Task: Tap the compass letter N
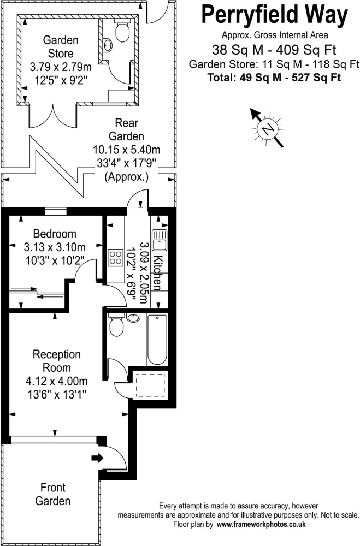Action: pos(268,129)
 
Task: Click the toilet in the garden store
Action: pos(122,31)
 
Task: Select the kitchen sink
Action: pos(160,240)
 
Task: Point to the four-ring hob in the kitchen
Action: pos(116,258)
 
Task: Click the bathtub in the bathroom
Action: pos(157,340)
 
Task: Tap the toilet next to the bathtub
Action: pos(116,325)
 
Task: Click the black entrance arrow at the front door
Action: pos(98,458)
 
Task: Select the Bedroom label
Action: pos(55,234)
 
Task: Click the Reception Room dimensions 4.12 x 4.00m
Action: pos(56,381)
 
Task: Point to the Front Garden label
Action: pos(53,494)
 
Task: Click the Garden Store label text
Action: pos(61,46)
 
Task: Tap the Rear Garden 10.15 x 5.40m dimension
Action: pos(127,150)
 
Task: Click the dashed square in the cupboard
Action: pos(150,385)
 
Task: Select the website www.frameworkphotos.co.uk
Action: pos(261,524)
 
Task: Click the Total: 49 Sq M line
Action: pos(274,78)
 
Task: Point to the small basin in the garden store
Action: pos(108,45)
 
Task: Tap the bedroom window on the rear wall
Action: pos(56,211)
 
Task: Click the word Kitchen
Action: pos(158,273)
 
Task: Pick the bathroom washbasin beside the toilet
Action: pos(133,317)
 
